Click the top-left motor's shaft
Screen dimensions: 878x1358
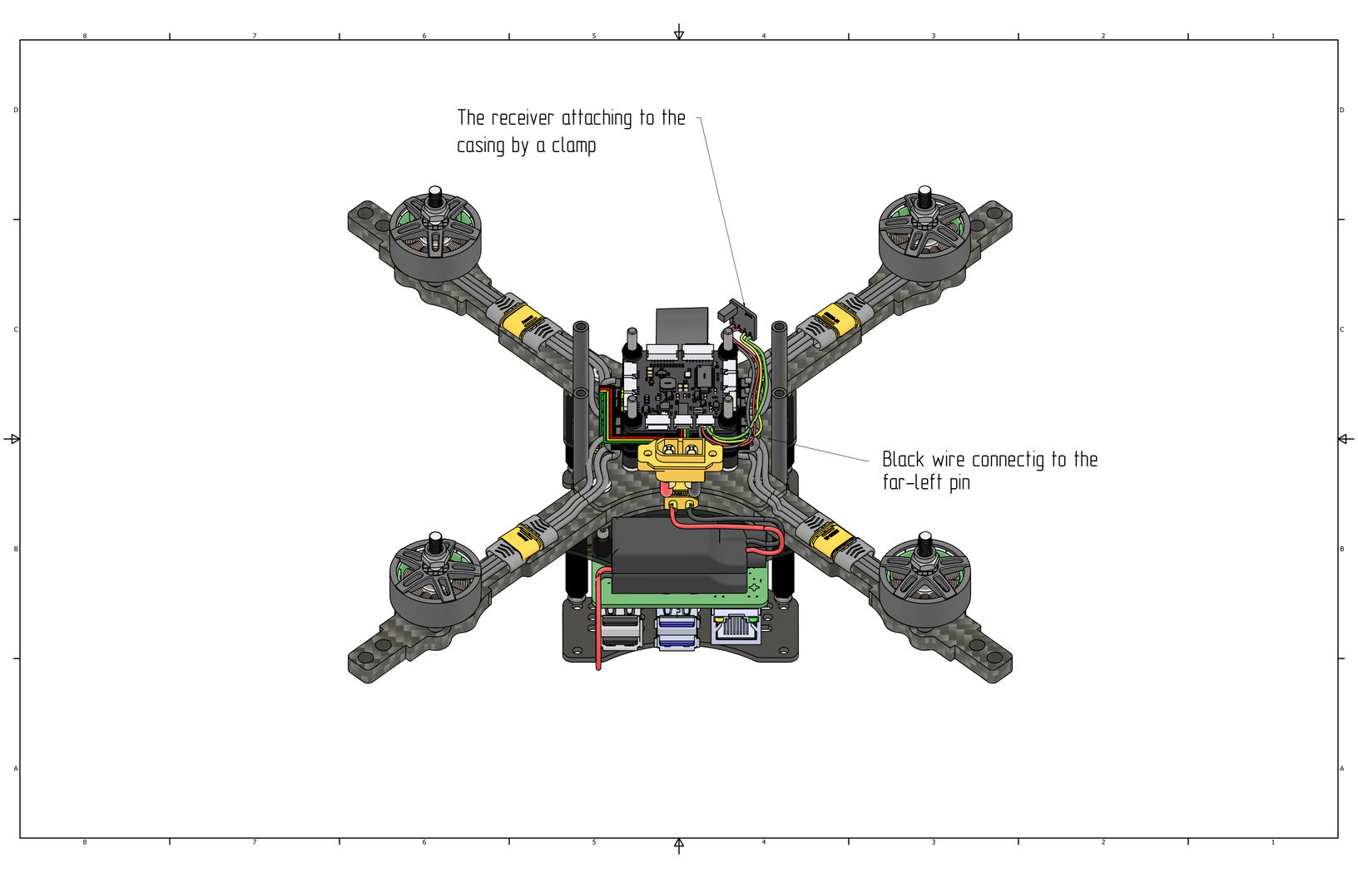click(x=434, y=198)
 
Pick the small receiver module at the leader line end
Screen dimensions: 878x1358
click(x=738, y=313)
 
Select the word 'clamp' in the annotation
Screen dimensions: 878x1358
click(x=574, y=146)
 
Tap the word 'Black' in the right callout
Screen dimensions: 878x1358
click(x=903, y=460)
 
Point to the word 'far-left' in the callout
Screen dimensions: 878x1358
click(x=913, y=483)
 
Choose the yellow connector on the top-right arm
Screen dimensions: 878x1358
click(x=834, y=320)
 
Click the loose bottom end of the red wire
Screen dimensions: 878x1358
click(x=598, y=666)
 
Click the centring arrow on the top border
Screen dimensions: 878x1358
click(x=679, y=32)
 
